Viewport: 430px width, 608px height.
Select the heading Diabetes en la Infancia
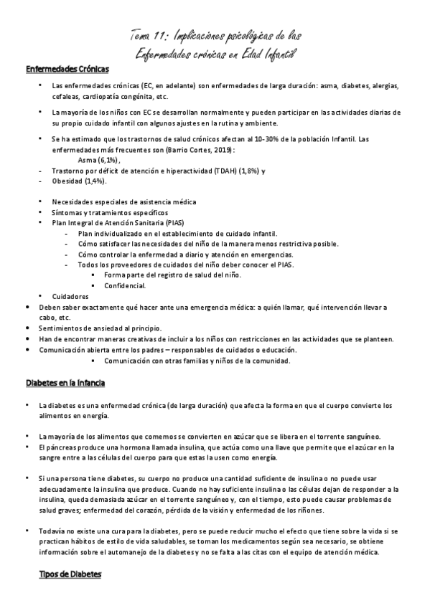65,383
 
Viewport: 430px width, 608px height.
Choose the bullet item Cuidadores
70,296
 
